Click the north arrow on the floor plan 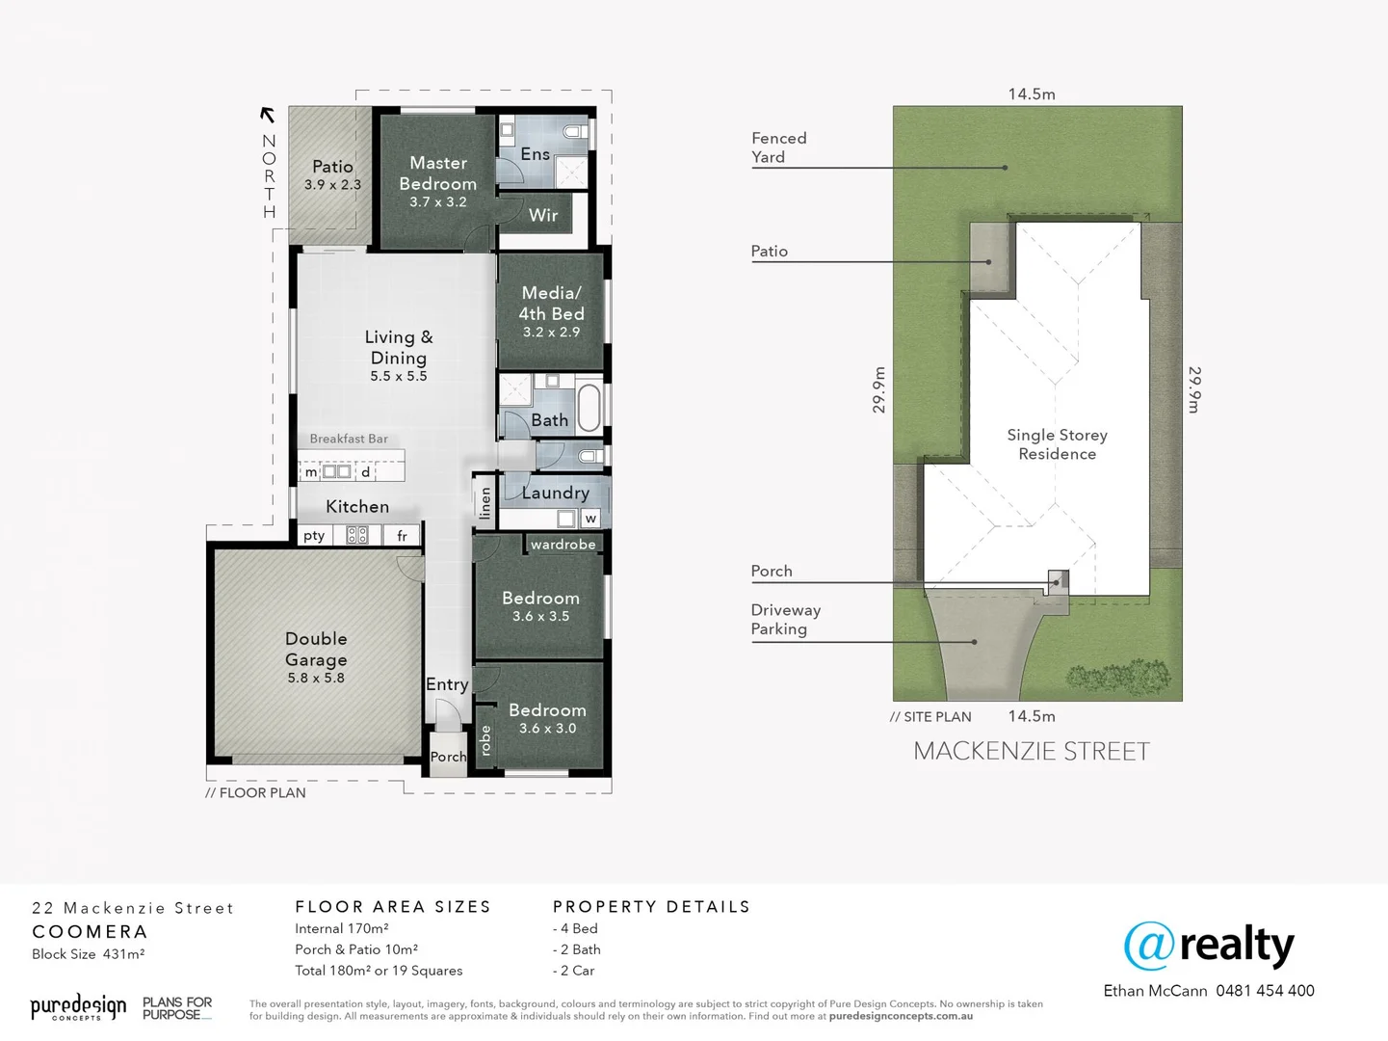point(268,115)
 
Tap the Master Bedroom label point(438,173)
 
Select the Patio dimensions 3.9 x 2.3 point(332,185)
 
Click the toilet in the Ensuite point(575,131)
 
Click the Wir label point(543,215)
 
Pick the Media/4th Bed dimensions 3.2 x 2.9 point(551,332)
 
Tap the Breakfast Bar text point(349,439)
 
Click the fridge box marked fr point(402,536)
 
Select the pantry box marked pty point(314,536)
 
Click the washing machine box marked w point(590,519)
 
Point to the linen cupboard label point(485,502)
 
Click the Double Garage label point(316,649)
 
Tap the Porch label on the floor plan point(448,757)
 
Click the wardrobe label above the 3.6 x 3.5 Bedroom point(563,545)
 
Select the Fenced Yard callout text point(778,147)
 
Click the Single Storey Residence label point(1057,444)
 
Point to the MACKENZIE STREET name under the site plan point(1031,752)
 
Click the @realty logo point(1209,947)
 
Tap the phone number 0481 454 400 point(1265,991)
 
